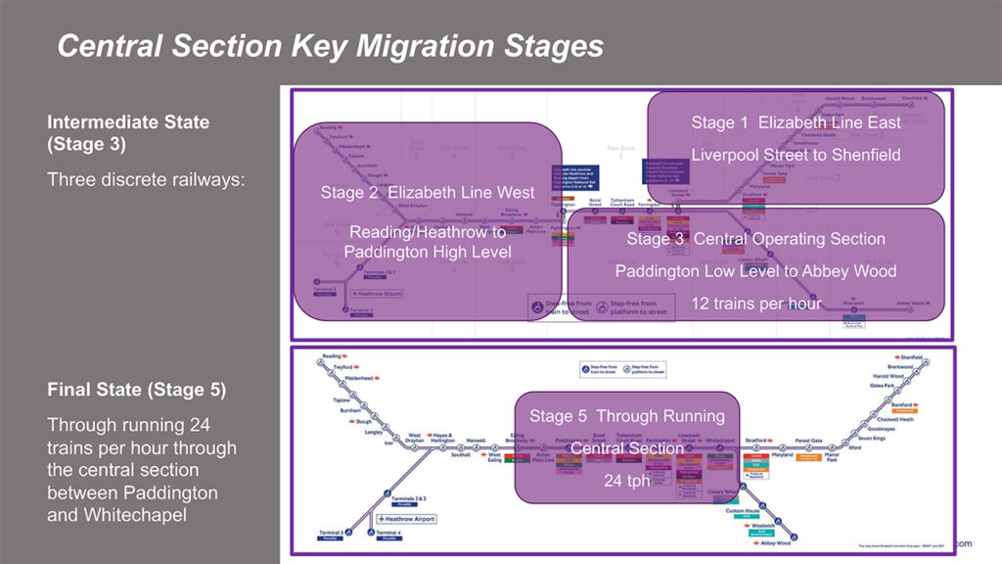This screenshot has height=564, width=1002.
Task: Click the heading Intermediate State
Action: coord(128,123)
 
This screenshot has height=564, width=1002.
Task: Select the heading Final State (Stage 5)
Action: coord(136,390)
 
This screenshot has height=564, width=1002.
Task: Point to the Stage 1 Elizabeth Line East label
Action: coord(797,122)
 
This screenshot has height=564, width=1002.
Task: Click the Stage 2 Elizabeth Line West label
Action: coord(428,193)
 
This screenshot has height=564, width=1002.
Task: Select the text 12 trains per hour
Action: coord(756,304)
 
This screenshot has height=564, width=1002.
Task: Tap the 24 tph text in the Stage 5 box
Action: coord(626,481)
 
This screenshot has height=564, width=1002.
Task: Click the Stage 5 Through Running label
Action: coord(627,416)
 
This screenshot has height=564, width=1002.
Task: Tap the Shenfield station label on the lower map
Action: coord(912,357)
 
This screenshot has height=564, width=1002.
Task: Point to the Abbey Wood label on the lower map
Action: coord(774,541)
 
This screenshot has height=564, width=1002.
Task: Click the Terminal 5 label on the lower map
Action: coord(331,532)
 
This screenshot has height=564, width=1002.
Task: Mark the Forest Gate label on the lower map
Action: coord(809,442)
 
